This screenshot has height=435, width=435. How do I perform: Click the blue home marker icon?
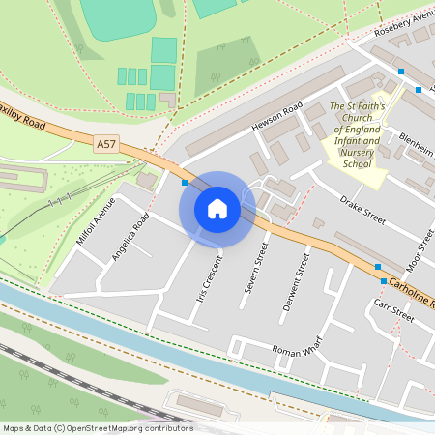217,208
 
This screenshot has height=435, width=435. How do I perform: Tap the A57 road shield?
106,144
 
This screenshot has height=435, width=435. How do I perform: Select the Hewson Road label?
278,115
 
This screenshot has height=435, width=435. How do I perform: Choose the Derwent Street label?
295,282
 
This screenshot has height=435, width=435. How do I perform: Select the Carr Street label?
394,310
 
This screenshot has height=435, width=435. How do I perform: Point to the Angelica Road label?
130,237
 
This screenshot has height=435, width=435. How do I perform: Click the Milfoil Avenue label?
95,221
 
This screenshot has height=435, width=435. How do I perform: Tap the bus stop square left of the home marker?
185,181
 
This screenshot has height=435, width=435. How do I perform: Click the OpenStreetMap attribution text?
97,428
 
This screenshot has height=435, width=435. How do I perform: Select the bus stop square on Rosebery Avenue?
400,72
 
